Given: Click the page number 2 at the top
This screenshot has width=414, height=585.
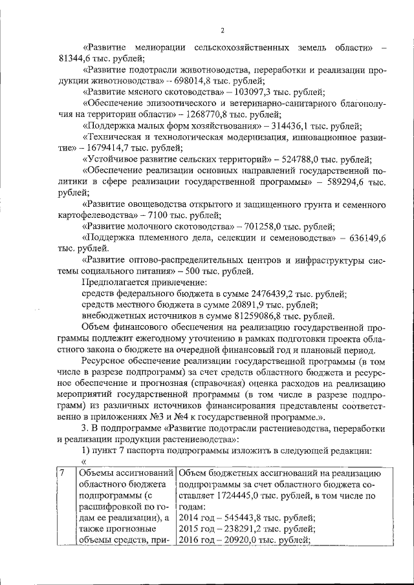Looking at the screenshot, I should coord(222,30).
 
